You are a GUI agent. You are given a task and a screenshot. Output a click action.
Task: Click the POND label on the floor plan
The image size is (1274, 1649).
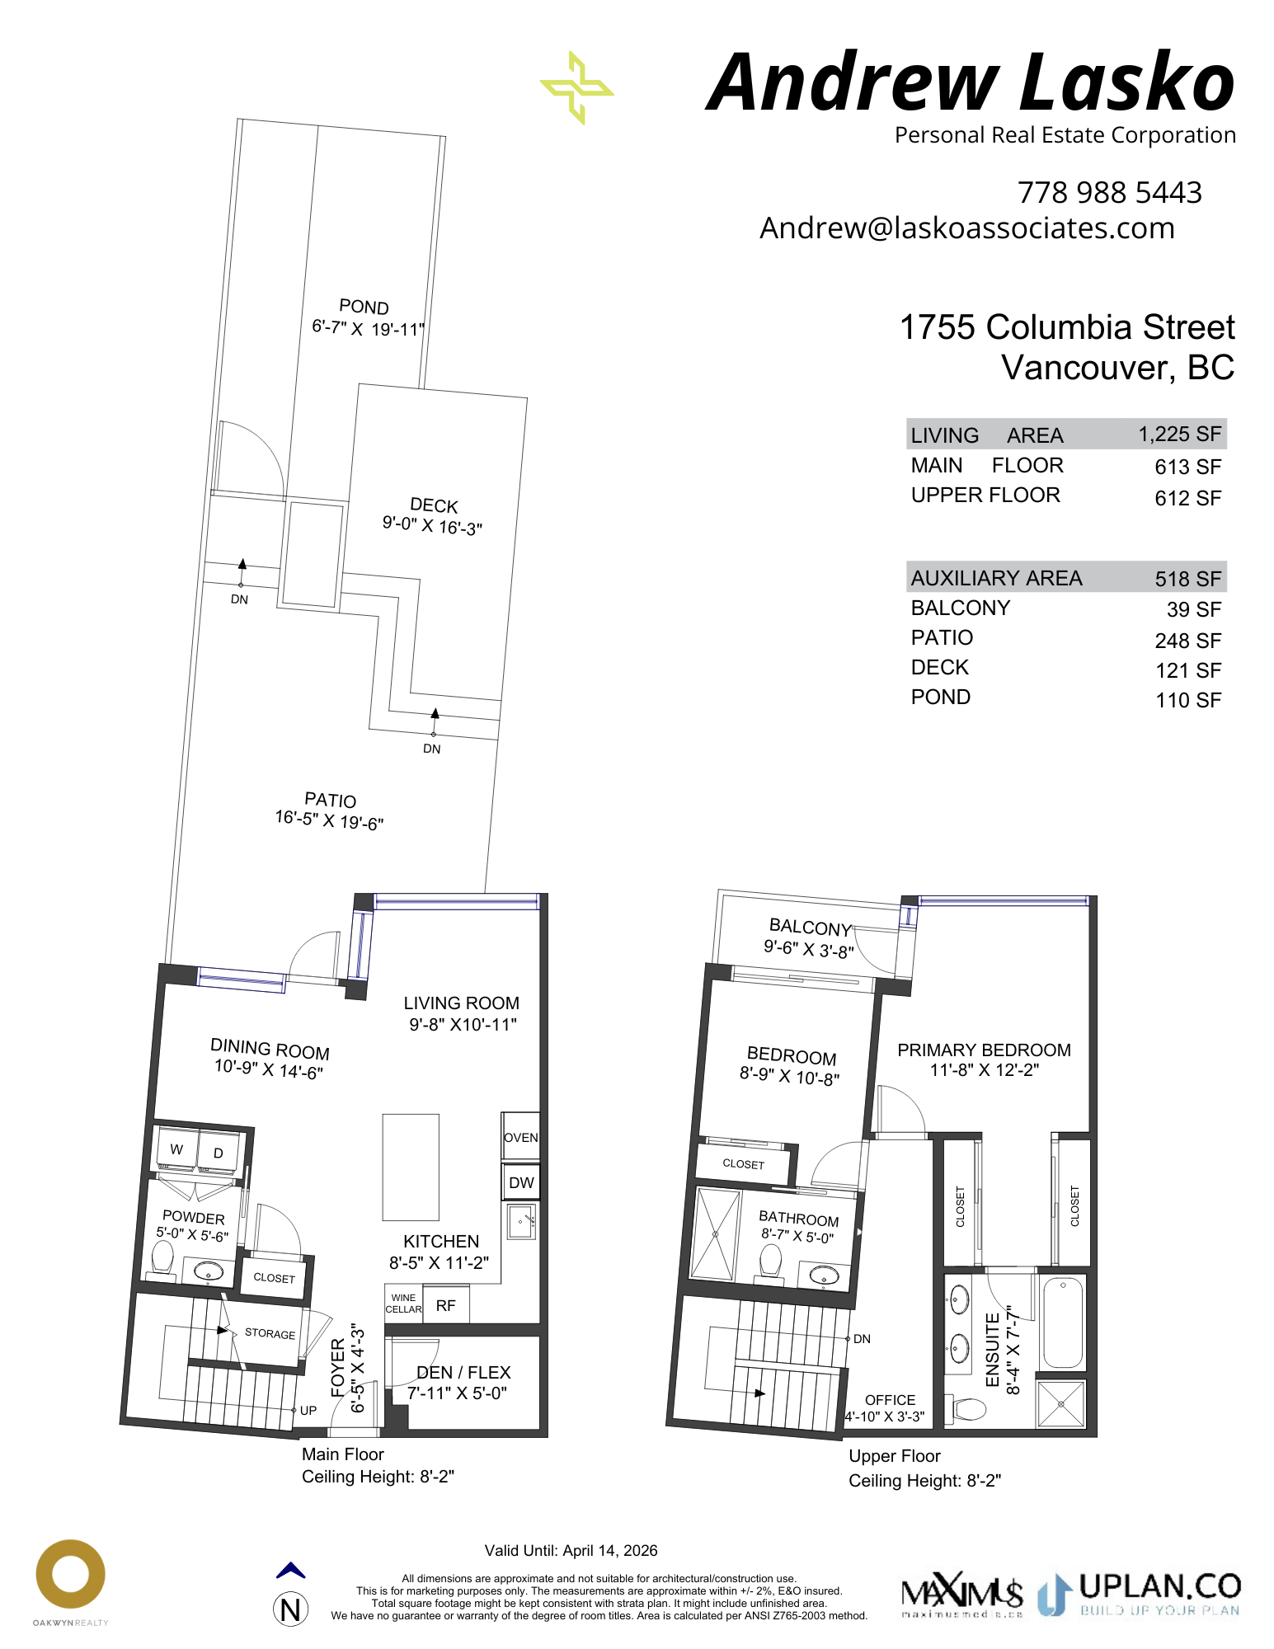(364, 307)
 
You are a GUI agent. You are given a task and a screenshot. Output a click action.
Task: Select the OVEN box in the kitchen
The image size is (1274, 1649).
(520, 1136)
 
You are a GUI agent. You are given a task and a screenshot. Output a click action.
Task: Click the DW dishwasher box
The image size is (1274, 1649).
(521, 1182)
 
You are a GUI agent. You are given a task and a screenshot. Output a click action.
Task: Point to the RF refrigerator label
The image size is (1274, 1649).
(445, 1305)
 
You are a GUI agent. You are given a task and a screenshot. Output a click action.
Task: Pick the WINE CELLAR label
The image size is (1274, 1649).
(403, 1304)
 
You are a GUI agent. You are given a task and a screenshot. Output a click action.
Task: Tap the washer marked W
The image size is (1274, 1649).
(176, 1149)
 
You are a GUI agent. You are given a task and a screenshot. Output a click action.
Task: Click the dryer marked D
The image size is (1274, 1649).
(219, 1153)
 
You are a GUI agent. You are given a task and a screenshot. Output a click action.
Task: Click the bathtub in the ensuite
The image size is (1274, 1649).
(1063, 1322)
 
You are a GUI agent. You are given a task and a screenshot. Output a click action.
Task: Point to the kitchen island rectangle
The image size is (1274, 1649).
(411, 1167)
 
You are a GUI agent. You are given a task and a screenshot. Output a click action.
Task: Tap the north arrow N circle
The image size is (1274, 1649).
(290, 1609)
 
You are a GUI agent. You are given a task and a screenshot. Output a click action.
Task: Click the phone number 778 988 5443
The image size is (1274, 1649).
(1109, 192)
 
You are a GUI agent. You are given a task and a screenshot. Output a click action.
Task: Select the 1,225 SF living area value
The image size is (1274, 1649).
(1179, 435)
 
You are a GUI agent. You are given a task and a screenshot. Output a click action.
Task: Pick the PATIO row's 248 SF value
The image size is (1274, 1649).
(1187, 641)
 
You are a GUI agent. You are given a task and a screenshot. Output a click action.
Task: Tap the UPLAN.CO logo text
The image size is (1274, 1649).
(1159, 1586)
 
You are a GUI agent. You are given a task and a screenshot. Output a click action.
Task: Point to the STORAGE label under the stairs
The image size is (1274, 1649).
(270, 1333)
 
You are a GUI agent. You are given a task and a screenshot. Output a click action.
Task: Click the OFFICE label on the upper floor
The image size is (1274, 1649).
(890, 1400)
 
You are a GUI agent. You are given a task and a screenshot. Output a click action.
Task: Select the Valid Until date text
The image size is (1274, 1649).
(571, 1550)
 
